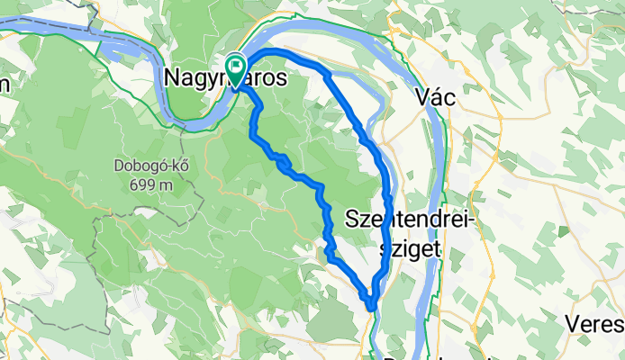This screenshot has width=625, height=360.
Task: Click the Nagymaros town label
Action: click(x=227, y=79)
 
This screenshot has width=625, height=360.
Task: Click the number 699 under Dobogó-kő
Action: click(x=137, y=184)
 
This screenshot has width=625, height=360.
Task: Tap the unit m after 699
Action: click(x=166, y=185)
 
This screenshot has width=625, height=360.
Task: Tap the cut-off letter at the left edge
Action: click(x=4, y=84)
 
